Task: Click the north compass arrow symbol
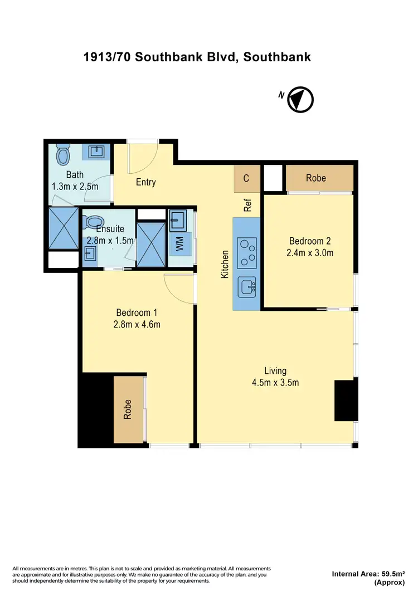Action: point(300,100)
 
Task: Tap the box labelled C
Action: point(246,179)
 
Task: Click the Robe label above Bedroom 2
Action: point(316,178)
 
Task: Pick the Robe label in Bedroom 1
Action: point(128,409)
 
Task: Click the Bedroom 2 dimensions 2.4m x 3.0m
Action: point(310,253)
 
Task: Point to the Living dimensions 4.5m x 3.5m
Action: point(275,383)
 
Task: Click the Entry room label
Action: point(146,182)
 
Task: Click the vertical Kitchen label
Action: point(226,265)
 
